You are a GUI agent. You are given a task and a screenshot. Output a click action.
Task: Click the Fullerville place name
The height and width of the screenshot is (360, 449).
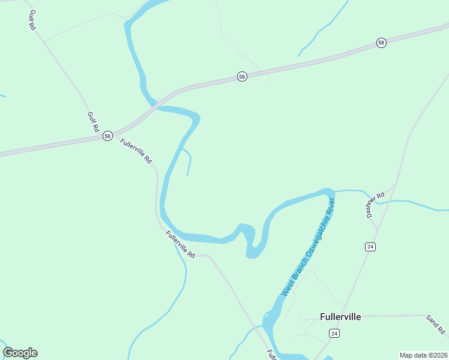coord(340,317)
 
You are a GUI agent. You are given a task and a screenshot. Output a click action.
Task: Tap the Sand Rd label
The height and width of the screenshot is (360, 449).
coord(435,324)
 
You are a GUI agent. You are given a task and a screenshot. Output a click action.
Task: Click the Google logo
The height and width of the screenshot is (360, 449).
coord(20,353)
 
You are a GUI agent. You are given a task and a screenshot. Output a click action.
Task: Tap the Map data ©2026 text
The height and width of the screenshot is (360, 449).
coord(423,355)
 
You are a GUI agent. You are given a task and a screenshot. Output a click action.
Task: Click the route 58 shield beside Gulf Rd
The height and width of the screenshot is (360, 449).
coord(107,136)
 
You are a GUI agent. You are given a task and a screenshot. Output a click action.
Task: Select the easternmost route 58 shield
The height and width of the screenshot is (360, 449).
coord(381,42)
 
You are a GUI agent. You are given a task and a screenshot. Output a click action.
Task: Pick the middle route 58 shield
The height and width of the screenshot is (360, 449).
coord(241,77)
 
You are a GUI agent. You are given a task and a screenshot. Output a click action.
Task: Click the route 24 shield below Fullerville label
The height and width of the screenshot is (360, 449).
coord(334,333)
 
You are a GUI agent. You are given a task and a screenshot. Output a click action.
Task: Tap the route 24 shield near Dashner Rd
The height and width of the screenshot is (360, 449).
coord(370,247)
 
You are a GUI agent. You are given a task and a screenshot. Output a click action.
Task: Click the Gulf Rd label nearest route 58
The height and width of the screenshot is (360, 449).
coord(92,122)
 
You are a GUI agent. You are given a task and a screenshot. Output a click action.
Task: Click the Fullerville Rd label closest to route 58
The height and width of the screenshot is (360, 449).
coord(136,151)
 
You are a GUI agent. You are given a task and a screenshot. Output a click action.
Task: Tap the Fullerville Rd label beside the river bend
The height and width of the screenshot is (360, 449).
coord(181,245)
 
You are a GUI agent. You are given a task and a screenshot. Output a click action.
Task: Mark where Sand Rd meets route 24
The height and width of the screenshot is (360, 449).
coord(348,316)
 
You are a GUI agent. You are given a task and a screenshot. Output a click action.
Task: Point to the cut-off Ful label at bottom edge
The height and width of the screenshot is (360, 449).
coord(271,355)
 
